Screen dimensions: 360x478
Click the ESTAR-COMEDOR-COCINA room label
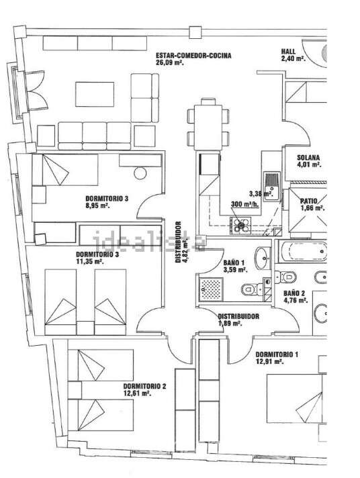pos(193,56)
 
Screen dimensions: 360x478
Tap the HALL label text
pos(288,52)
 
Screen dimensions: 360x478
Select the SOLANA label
pos(308,158)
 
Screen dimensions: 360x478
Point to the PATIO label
pos(309,201)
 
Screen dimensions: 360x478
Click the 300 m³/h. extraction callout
pos(245,204)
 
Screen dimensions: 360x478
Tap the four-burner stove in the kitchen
pos(240,226)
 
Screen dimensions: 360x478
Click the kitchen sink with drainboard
pos(272,186)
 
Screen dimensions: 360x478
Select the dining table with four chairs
pos(208,124)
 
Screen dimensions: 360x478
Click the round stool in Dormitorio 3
pos(140,173)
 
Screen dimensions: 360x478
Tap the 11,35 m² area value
pos(89,261)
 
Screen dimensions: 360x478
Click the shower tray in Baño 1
pos(210,289)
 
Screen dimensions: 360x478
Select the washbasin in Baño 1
pos(263,258)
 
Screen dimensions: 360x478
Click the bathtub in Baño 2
pos(302,252)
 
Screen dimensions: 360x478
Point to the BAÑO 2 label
pos(294,293)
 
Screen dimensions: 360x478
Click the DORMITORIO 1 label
pos(277,354)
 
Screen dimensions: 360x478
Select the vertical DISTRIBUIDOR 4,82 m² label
pos(182,242)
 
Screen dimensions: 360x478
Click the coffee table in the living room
pos(95,94)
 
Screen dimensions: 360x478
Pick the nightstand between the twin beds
pos(85,328)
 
